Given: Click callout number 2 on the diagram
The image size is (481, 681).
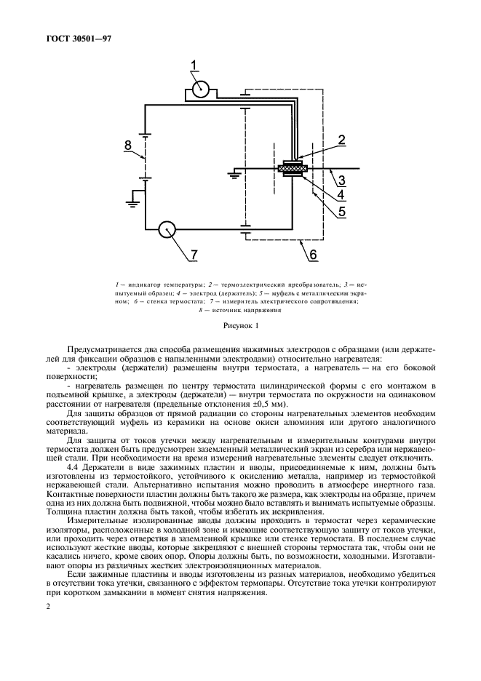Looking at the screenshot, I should (x=341, y=140).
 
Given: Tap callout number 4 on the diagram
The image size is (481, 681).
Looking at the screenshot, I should (x=341, y=195).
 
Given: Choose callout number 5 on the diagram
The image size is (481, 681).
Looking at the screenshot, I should (x=341, y=212).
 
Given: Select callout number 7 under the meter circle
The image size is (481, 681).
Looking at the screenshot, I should (x=194, y=255).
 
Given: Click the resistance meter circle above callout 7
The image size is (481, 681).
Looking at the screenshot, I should (x=168, y=229).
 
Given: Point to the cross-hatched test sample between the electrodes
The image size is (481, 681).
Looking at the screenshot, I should (x=292, y=170).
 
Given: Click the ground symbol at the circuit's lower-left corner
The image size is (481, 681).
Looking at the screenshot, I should (x=133, y=196).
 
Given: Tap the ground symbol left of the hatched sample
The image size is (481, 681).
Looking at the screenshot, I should (x=234, y=174).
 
